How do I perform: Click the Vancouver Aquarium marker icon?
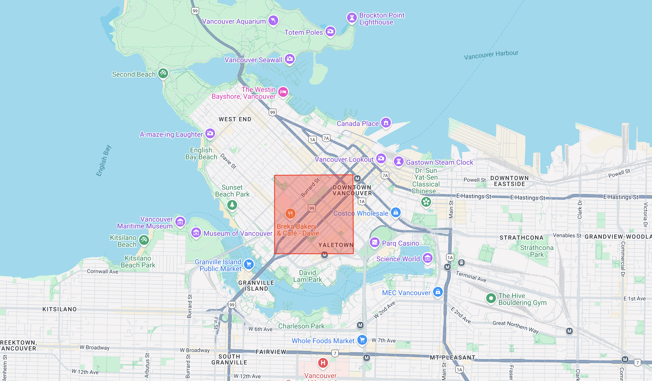tap(273, 20)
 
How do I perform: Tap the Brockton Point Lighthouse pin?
tap(352, 18)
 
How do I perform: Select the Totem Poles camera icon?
tap(330, 32)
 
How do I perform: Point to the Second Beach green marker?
tap(163, 74)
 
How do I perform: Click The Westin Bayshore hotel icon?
tap(283, 92)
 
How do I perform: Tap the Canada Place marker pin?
tap(386, 123)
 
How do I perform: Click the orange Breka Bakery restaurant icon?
tap(290, 214)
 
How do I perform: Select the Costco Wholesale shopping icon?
tap(396, 213)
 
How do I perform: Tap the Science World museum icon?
tap(427, 258)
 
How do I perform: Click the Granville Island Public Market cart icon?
tap(249, 265)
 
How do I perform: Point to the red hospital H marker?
tap(323, 363)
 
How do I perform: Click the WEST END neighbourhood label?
tap(235, 119)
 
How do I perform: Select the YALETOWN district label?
tap(336, 245)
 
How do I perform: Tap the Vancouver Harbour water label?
tap(491, 55)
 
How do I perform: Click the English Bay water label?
tap(104, 161)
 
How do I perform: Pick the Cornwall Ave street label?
tap(102, 271)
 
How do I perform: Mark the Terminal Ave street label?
tap(471, 277)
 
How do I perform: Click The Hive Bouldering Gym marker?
tap(491, 298)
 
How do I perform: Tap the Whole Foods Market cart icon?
tap(362, 340)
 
